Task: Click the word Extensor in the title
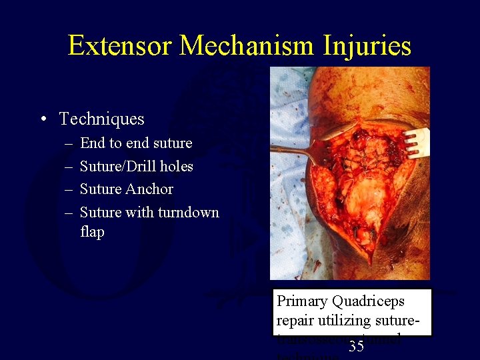(x=120, y=45)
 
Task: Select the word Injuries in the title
(x=369, y=45)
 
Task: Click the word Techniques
(x=101, y=119)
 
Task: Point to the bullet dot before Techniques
(x=43, y=120)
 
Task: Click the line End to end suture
(x=136, y=143)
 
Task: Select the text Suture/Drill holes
(x=136, y=166)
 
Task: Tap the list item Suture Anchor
(x=127, y=189)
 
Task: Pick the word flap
(x=92, y=232)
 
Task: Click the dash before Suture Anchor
(x=69, y=189)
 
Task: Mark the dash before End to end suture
(x=69, y=143)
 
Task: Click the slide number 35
(x=356, y=347)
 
